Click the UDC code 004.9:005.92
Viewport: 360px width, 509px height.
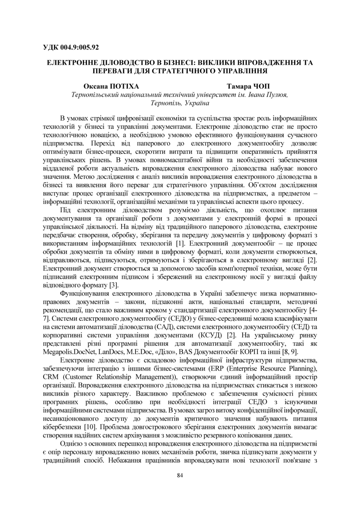[x=71, y=47]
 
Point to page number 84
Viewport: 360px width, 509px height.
[x=180, y=475]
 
